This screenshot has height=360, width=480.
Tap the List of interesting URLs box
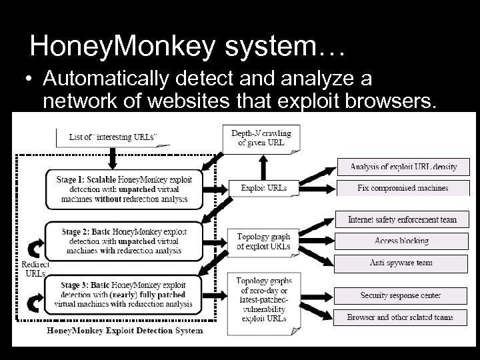coord(113,137)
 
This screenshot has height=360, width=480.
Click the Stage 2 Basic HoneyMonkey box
coord(124,240)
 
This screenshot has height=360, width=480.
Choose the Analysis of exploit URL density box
coord(403,167)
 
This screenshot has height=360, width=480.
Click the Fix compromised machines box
coord(403,189)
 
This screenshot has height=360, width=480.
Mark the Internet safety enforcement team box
coord(403,220)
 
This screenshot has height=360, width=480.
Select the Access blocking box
coord(403,241)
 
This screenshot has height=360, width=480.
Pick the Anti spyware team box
coord(403,263)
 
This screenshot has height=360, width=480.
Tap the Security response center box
coord(403,295)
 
